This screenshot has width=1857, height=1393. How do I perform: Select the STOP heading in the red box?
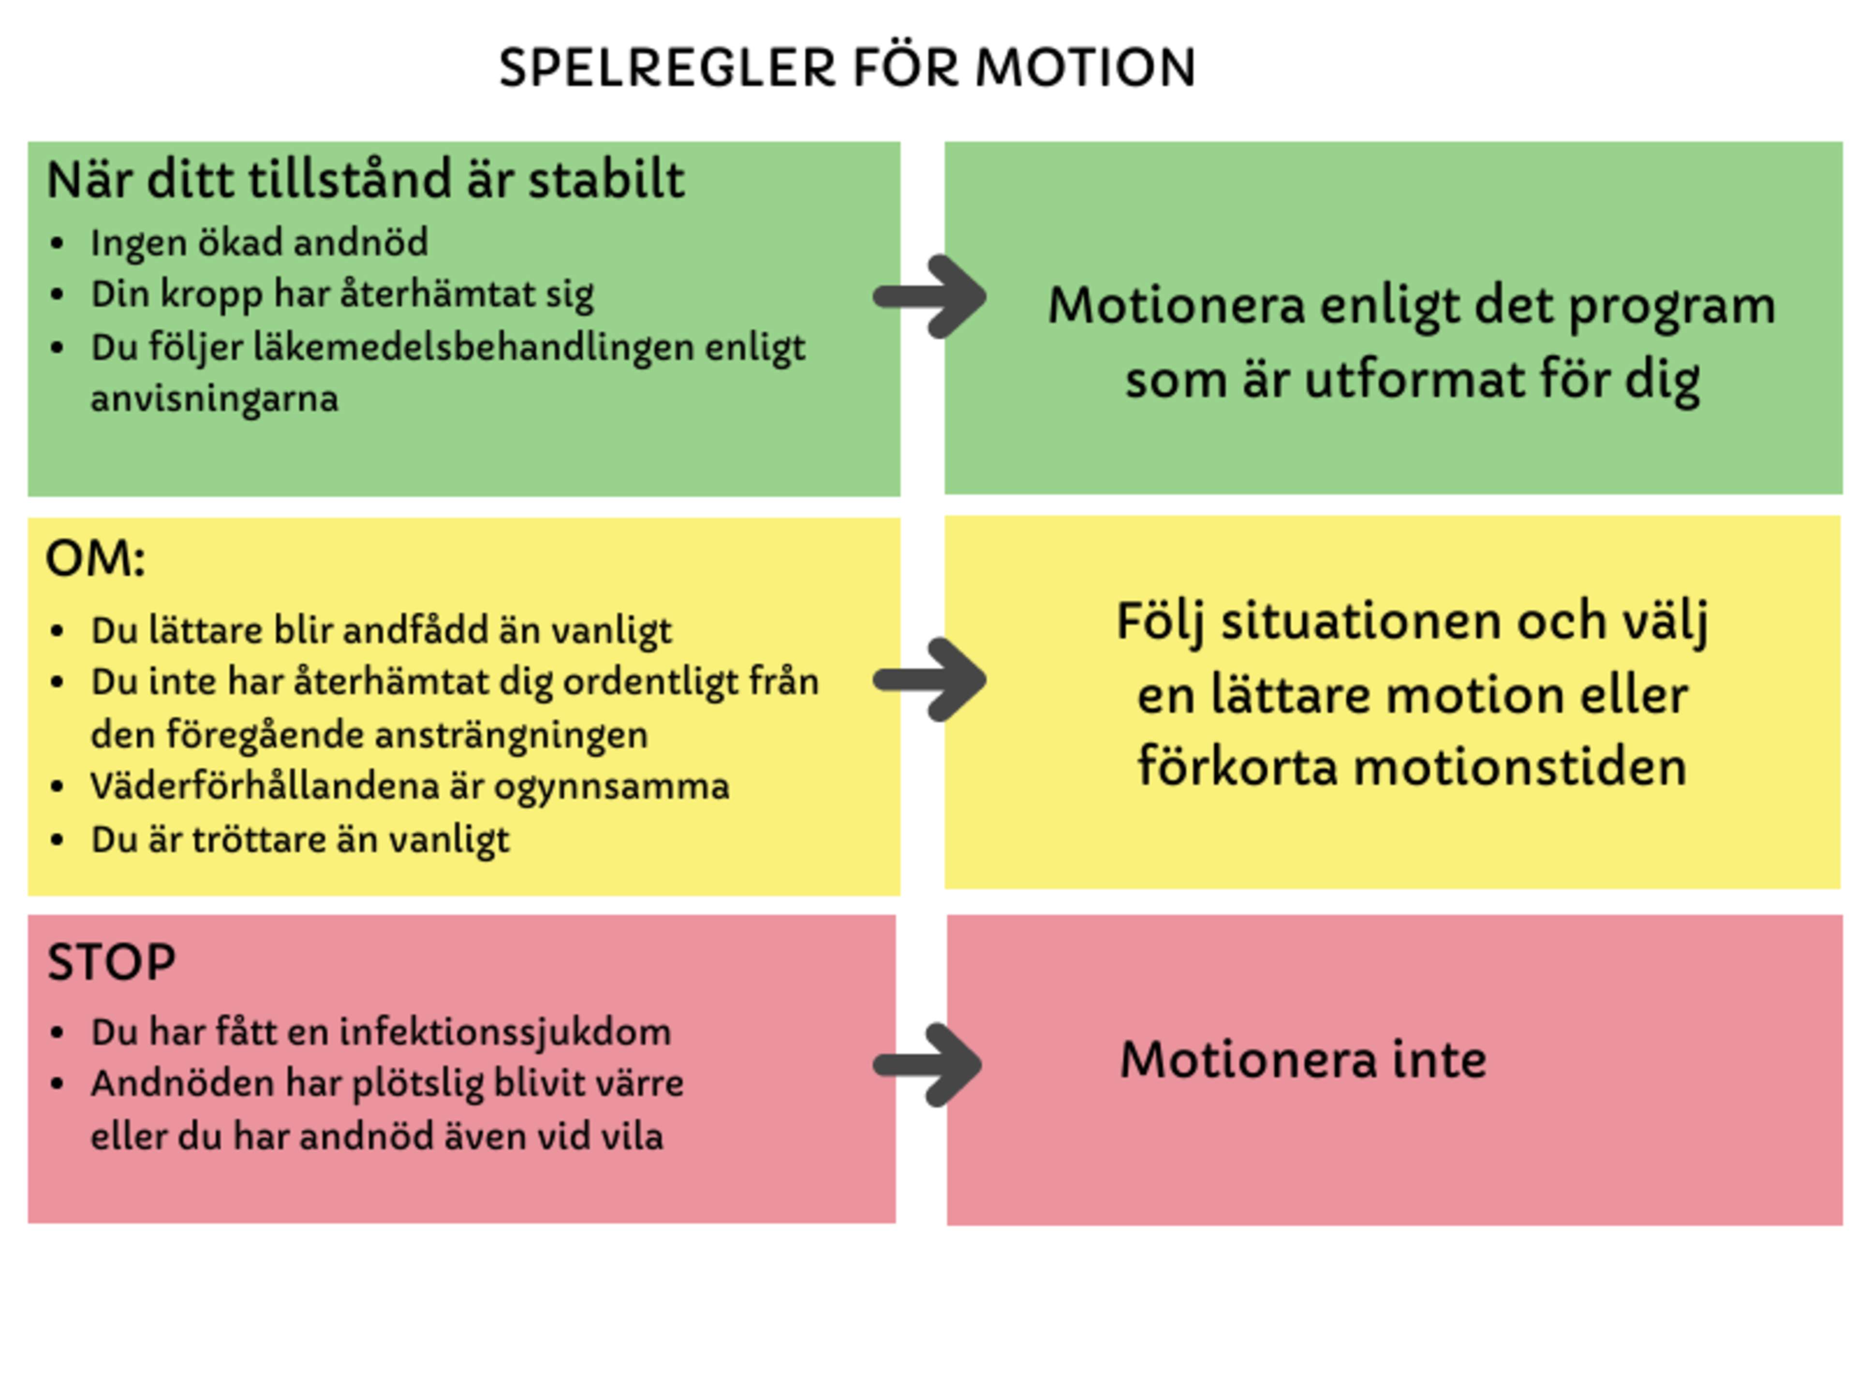(112, 962)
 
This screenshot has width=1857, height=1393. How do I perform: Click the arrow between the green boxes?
(930, 296)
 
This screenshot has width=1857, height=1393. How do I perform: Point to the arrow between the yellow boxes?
(930, 679)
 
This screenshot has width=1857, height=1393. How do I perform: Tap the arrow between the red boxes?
(928, 1065)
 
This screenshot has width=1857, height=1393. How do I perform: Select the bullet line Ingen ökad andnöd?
(259, 243)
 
